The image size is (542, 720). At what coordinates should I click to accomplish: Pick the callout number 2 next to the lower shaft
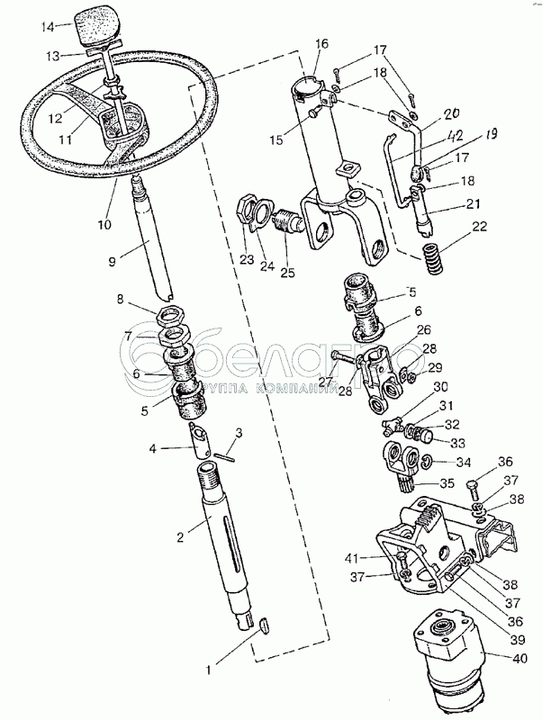point(180,537)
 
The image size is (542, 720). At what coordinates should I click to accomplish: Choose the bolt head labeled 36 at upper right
point(474,489)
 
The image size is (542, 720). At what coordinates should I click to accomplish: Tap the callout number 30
point(440,388)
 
